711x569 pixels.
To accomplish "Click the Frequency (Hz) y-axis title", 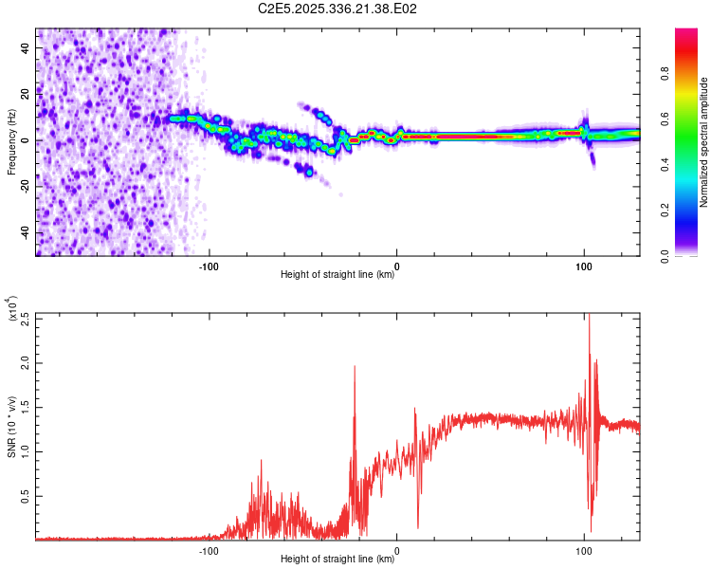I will click(12, 142).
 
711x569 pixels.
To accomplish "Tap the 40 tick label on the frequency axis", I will click(26, 47).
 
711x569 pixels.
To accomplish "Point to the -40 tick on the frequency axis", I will click(26, 232).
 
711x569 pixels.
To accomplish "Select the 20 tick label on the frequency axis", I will click(26, 94).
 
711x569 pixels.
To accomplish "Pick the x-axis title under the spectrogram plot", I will click(337, 275).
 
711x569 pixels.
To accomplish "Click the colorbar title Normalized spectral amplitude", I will click(704, 142).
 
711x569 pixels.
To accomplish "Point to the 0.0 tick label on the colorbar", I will click(689, 254).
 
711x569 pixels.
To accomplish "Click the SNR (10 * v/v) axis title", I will click(12, 427).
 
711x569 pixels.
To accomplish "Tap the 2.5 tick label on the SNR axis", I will click(26, 319).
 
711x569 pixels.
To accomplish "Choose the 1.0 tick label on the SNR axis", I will click(26, 451).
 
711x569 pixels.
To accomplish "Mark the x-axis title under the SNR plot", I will click(337, 560).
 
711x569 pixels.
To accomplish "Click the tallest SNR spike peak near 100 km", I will click(589, 315).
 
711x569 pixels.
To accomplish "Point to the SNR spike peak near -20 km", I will click(355, 366).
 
